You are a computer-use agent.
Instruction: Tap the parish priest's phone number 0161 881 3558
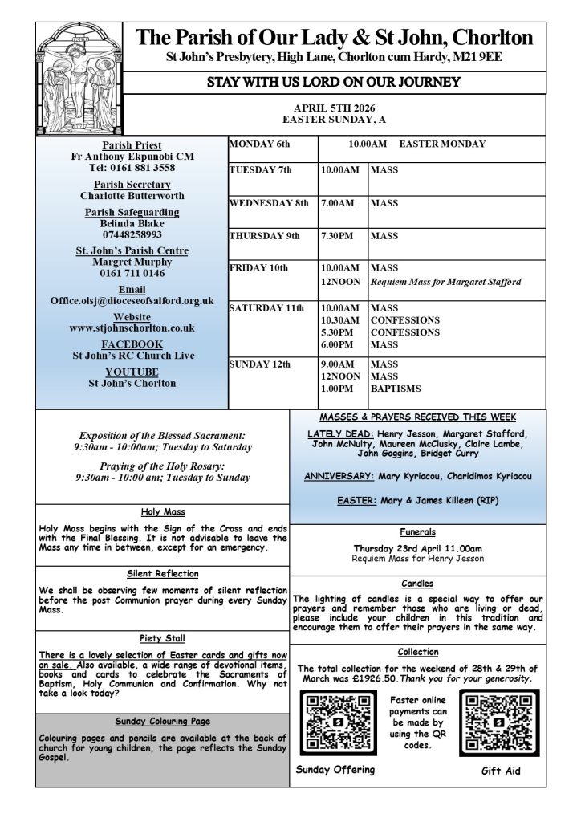tap(132, 168)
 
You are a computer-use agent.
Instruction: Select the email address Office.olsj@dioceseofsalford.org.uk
tap(132, 300)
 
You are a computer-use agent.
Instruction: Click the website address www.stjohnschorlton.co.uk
tap(132, 328)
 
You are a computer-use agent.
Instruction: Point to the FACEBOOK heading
tap(132, 344)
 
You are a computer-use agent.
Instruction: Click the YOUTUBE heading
tap(132, 372)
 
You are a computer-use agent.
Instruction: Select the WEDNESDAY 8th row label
tap(269, 204)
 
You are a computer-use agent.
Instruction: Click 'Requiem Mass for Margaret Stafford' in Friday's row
tap(446, 282)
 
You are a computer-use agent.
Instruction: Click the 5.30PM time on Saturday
tap(338, 332)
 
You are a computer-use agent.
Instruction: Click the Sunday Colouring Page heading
tap(163, 721)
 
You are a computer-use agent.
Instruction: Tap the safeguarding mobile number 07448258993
tap(132, 234)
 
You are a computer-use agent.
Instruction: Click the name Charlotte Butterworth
tap(132, 195)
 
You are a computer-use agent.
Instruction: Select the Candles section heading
tap(416, 584)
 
